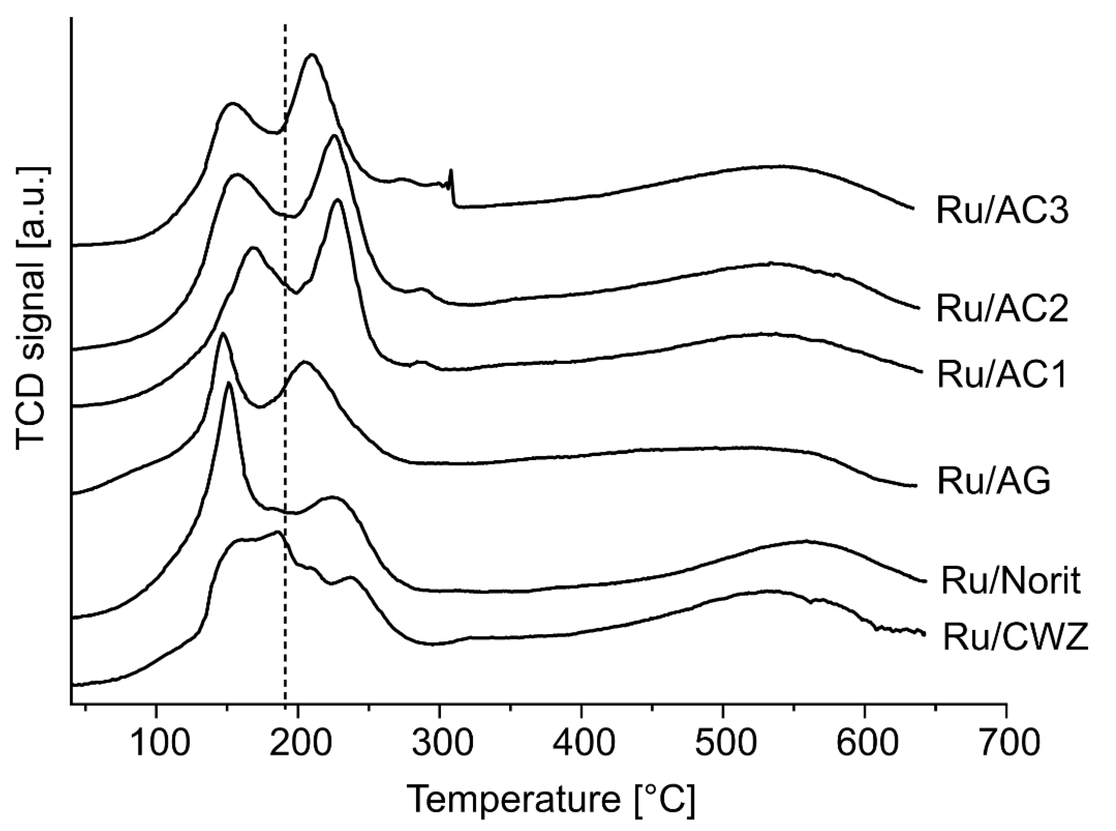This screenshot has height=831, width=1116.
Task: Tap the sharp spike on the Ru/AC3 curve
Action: pyautogui.click(x=451, y=172)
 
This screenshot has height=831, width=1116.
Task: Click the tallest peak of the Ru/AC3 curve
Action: pyautogui.click(x=312, y=55)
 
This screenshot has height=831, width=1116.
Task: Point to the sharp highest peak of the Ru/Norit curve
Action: pyautogui.click(x=229, y=383)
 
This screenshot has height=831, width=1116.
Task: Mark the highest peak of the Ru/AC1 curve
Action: pyautogui.click(x=337, y=200)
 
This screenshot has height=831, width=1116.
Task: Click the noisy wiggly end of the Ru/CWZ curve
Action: pyautogui.click(x=901, y=630)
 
